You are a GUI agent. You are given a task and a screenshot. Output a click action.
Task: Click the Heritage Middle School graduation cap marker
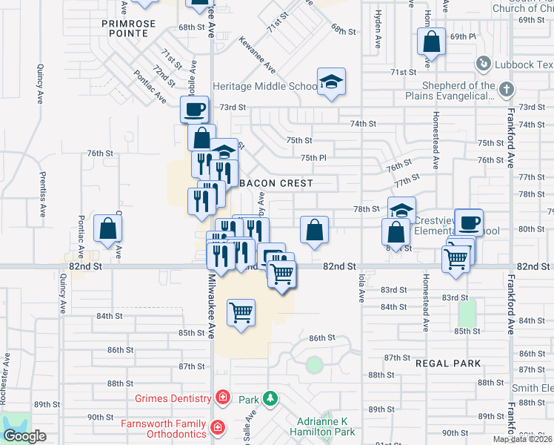[x=331, y=82]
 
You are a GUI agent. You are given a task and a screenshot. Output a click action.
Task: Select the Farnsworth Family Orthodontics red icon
[x=217, y=427]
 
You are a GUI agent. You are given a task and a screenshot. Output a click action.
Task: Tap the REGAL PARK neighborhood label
[x=448, y=363]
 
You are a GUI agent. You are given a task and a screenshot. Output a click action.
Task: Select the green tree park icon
[x=270, y=399]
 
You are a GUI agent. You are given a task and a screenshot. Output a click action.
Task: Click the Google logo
[x=24, y=436]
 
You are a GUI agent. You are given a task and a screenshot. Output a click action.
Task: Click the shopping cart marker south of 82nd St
[x=241, y=312]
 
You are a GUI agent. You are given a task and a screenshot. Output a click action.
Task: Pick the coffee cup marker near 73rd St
[x=195, y=110]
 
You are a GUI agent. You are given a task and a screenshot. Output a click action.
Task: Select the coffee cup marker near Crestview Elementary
[x=469, y=222]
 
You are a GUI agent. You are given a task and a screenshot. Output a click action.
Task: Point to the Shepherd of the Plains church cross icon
[x=506, y=90]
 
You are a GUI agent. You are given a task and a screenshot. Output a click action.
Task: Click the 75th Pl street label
[x=313, y=157]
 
